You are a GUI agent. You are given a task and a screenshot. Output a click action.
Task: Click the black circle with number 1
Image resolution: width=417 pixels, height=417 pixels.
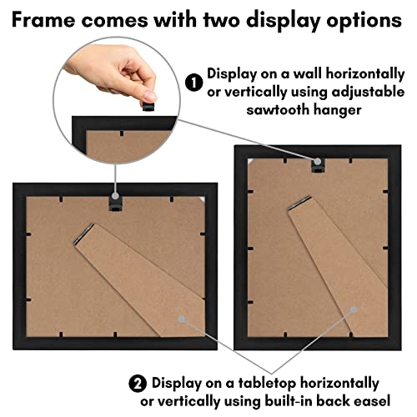pyautogui.click(x=193, y=83)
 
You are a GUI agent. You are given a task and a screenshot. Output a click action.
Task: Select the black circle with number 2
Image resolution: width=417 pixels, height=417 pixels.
pyautogui.click(x=137, y=383)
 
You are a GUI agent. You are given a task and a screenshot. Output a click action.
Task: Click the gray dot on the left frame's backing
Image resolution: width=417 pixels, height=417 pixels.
pyautogui.click(x=178, y=317)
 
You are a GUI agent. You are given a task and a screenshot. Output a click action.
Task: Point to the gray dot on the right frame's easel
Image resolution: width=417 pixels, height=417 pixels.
pyautogui.click(x=353, y=309)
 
